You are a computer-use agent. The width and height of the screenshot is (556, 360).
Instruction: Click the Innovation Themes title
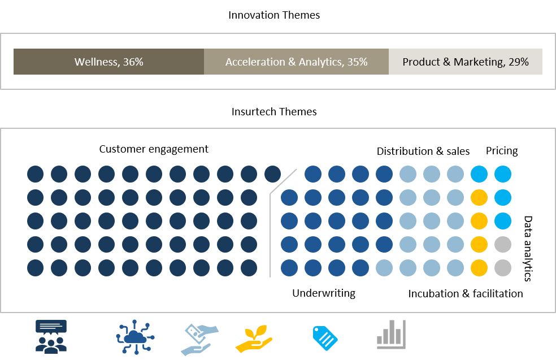pyautogui.click(x=273, y=15)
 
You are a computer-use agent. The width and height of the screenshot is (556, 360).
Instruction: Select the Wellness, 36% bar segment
pyautogui.click(x=108, y=62)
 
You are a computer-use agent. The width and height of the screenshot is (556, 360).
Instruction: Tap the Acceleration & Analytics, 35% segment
pyautogui.click(x=296, y=62)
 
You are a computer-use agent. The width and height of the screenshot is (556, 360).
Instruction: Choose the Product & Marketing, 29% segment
pyautogui.click(x=465, y=62)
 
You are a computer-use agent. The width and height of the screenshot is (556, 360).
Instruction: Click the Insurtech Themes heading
pyautogui.click(x=273, y=112)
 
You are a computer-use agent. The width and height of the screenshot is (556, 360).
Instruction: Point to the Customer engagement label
pyautogui.click(x=154, y=149)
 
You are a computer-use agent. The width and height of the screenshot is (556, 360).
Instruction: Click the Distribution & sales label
pyautogui.click(x=423, y=151)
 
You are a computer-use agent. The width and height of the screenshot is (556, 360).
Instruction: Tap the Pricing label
pyautogui.click(x=502, y=151)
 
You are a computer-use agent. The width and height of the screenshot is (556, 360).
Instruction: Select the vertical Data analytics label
pyautogui.click(x=528, y=249)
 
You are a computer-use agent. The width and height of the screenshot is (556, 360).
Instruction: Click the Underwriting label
pyautogui.click(x=324, y=293)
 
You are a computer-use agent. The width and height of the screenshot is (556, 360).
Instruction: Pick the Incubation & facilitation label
pyautogui.click(x=466, y=294)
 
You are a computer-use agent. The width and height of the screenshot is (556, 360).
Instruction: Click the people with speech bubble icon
pyautogui.click(x=51, y=337)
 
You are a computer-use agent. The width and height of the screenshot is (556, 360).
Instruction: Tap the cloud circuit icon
pyautogui.click(x=135, y=337)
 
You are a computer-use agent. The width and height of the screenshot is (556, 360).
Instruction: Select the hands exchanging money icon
pyautogui.click(x=199, y=340)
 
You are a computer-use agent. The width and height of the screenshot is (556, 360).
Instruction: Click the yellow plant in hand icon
pyautogui.click(x=254, y=339)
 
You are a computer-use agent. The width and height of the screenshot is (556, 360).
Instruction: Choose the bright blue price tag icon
pyautogui.click(x=325, y=338)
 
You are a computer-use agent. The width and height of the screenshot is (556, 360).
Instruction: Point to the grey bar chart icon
pyautogui.click(x=391, y=334)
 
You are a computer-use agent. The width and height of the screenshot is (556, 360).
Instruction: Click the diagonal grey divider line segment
pyautogui.click(x=283, y=181)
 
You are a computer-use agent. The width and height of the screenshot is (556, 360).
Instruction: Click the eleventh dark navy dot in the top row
pyautogui.click(x=273, y=174)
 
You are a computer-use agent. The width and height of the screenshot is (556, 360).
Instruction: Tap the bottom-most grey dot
pyautogui.click(x=503, y=268)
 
